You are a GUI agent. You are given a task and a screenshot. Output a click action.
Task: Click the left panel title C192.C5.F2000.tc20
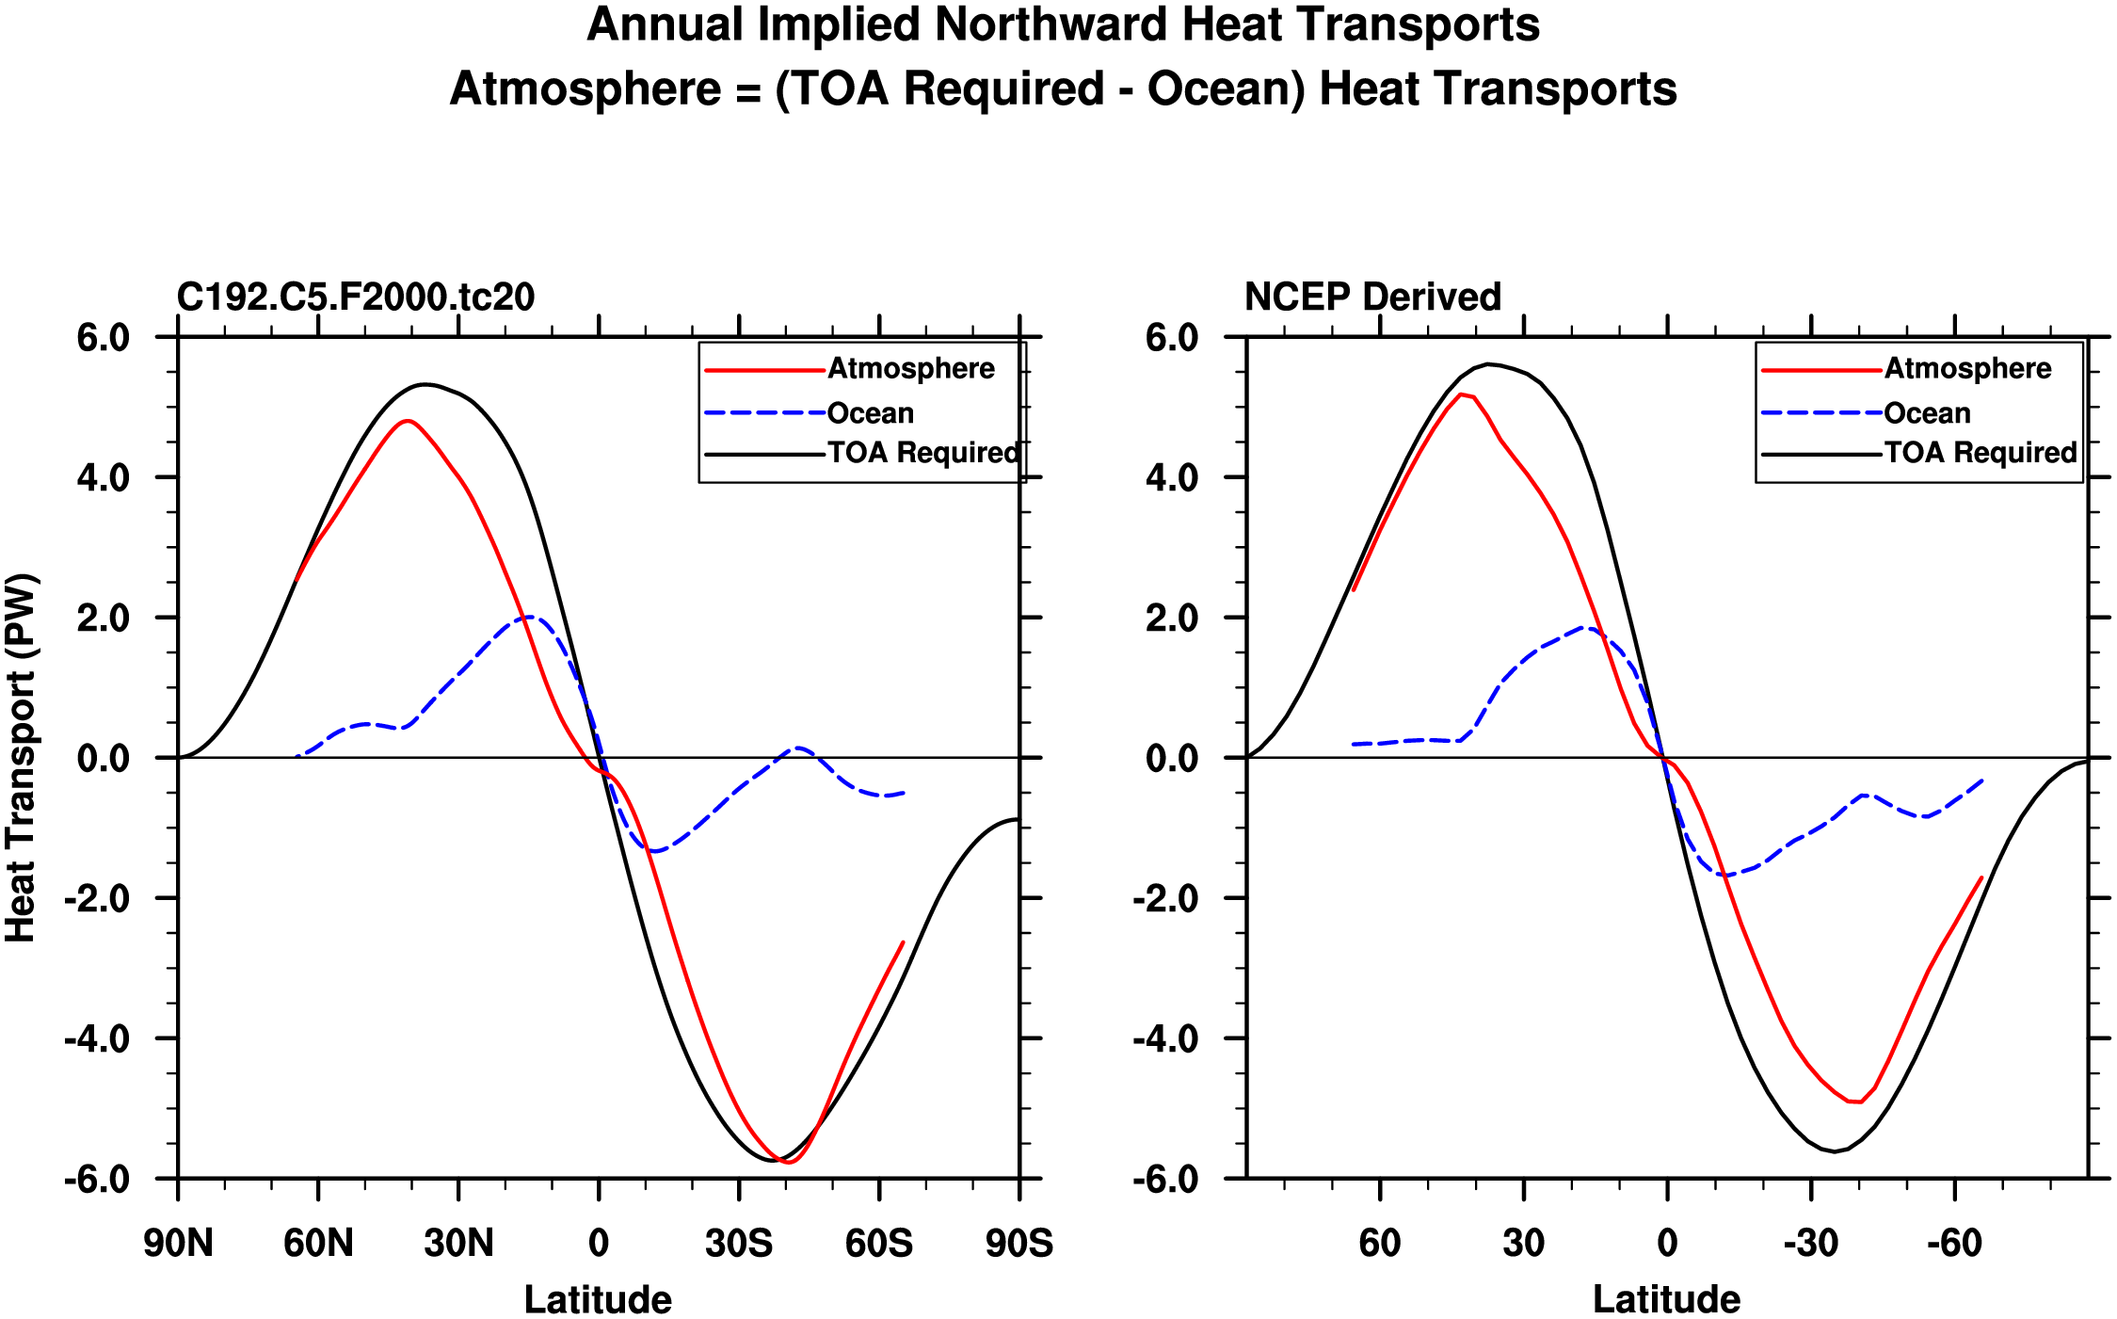(356, 298)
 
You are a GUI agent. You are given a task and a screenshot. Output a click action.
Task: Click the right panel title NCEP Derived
(1371, 298)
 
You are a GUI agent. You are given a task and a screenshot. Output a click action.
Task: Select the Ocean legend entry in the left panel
(870, 413)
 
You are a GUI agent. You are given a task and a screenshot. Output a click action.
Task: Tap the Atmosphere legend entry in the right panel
(1966, 368)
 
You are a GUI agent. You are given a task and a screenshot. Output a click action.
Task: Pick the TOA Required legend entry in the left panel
(922, 453)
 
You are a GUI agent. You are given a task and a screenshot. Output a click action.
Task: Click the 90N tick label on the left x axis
(178, 1244)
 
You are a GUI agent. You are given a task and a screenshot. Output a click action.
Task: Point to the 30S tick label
(739, 1244)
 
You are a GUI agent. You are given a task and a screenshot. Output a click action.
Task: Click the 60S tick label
(878, 1244)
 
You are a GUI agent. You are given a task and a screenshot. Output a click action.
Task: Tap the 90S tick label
(1018, 1244)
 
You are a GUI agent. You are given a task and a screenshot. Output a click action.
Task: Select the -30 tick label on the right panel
(1810, 1244)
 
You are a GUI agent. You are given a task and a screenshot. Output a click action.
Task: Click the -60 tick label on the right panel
(1954, 1244)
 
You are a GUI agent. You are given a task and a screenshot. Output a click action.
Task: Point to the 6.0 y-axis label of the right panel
(1172, 338)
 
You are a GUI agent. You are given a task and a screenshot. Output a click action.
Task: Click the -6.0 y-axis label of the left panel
(97, 1179)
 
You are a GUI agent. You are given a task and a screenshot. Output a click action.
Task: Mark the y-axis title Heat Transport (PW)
(21, 757)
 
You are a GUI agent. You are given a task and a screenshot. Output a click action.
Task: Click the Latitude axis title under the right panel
(1666, 1299)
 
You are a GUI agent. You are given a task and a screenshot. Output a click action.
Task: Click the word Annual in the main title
(665, 24)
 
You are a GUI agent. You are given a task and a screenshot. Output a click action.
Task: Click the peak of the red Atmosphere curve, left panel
(406, 421)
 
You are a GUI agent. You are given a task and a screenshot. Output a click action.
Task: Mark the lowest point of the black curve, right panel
(1834, 1151)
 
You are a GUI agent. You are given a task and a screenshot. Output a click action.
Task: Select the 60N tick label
(318, 1244)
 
